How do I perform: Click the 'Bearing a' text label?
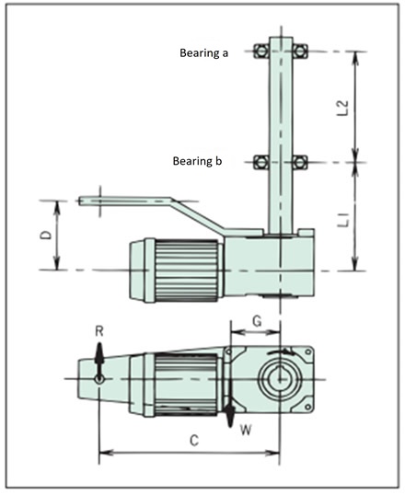[x=202, y=53]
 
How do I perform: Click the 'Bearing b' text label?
[x=198, y=161]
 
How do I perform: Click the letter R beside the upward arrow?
[x=99, y=330]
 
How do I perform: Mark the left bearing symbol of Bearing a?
[x=260, y=51]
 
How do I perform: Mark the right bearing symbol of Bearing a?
[x=301, y=51]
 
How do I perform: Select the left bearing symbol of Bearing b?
[x=260, y=163]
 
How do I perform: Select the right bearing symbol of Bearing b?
[x=301, y=163]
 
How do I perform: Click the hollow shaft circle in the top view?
[x=280, y=377]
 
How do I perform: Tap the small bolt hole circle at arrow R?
[x=99, y=377]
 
